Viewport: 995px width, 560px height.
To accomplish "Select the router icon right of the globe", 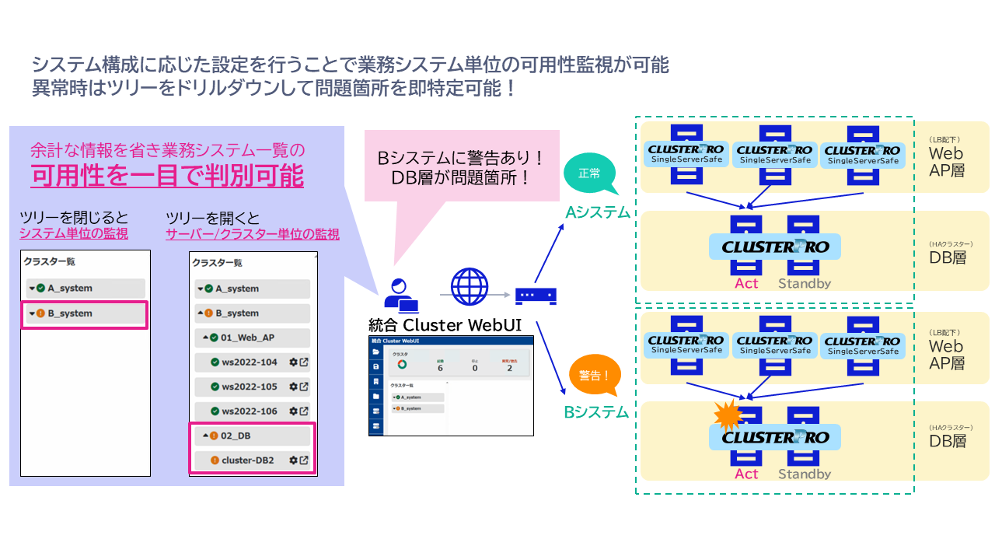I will tap(536, 295).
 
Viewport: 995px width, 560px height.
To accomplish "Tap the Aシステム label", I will tap(597, 212).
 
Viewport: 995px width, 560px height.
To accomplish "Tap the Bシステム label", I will tap(596, 412).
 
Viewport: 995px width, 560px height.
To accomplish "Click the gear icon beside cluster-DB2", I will tap(293, 460).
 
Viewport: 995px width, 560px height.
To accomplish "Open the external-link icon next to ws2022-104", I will tap(304, 362).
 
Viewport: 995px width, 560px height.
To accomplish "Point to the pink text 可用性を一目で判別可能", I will tap(167, 176).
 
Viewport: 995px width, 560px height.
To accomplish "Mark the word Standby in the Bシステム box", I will tap(805, 474).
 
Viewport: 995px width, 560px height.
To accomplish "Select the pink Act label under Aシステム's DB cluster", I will tap(746, 283).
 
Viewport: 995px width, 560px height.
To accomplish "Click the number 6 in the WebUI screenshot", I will tap(440, 368).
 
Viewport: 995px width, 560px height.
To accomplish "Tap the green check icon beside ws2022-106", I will tap(215, 411).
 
